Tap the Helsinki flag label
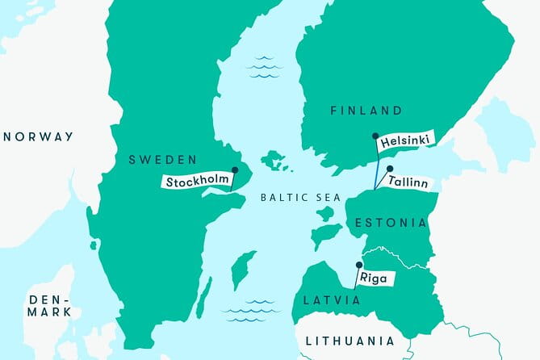click(x=405, y=140)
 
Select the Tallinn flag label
click(x=409, y=182)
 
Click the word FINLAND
click(x=366, y=110)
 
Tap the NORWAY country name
click(x=39, y=136)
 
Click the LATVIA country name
click(x=332, y=300)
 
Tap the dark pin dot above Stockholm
click(x=234, y=170)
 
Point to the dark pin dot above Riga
click(x=358, y=264)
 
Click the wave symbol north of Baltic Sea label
click(x=265, y=67)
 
